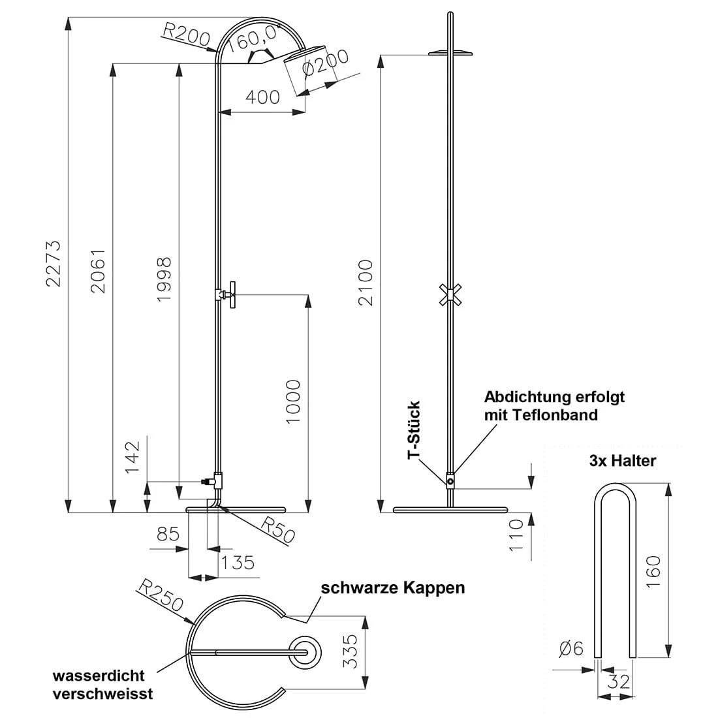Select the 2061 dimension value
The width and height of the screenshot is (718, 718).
coord(98,270)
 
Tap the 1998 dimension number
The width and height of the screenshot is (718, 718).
coord(164,279)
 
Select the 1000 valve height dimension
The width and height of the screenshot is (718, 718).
coord(293,401)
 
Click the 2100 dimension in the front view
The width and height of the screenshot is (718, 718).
coord(365,282)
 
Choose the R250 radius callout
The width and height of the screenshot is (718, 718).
coord(161,595)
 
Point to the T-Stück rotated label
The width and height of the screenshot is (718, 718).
coord(414,431)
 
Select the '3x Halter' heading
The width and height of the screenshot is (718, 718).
coord(622,460)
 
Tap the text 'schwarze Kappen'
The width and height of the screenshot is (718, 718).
coord(392,587)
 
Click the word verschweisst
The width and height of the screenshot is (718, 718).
coord(103,693)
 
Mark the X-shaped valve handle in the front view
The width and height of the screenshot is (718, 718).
coord(447,294)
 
